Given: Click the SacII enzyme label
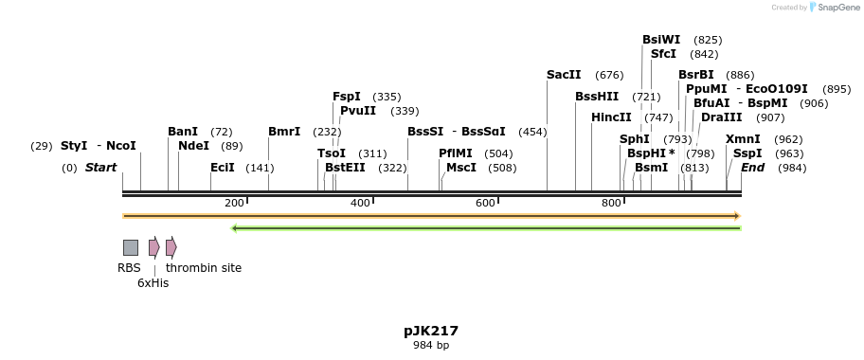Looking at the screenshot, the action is [564, 75].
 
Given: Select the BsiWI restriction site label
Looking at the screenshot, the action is [661, 40].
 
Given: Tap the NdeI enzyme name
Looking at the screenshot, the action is [193, 146].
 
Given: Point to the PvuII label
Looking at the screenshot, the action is [358, 111].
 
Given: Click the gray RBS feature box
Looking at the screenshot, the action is [131, 247].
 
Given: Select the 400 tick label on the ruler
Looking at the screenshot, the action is [360, 204].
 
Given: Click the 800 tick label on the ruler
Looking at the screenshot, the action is [611, 204].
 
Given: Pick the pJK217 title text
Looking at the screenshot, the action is [431, 331].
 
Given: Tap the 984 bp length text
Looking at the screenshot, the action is [431, 346].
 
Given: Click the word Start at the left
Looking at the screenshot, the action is [100, 168].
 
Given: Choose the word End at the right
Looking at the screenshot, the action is [752, 168].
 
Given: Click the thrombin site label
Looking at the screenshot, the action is [204, 268].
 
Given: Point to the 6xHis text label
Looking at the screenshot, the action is [153, 283].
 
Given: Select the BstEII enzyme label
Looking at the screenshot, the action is [345, 168].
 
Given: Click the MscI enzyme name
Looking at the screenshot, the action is [461, 168].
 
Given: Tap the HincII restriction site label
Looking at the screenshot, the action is [611, 117].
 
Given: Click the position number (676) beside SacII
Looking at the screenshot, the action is [609, 75].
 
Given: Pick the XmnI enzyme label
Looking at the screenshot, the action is [743, 139].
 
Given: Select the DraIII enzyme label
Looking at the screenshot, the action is [721, 117].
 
